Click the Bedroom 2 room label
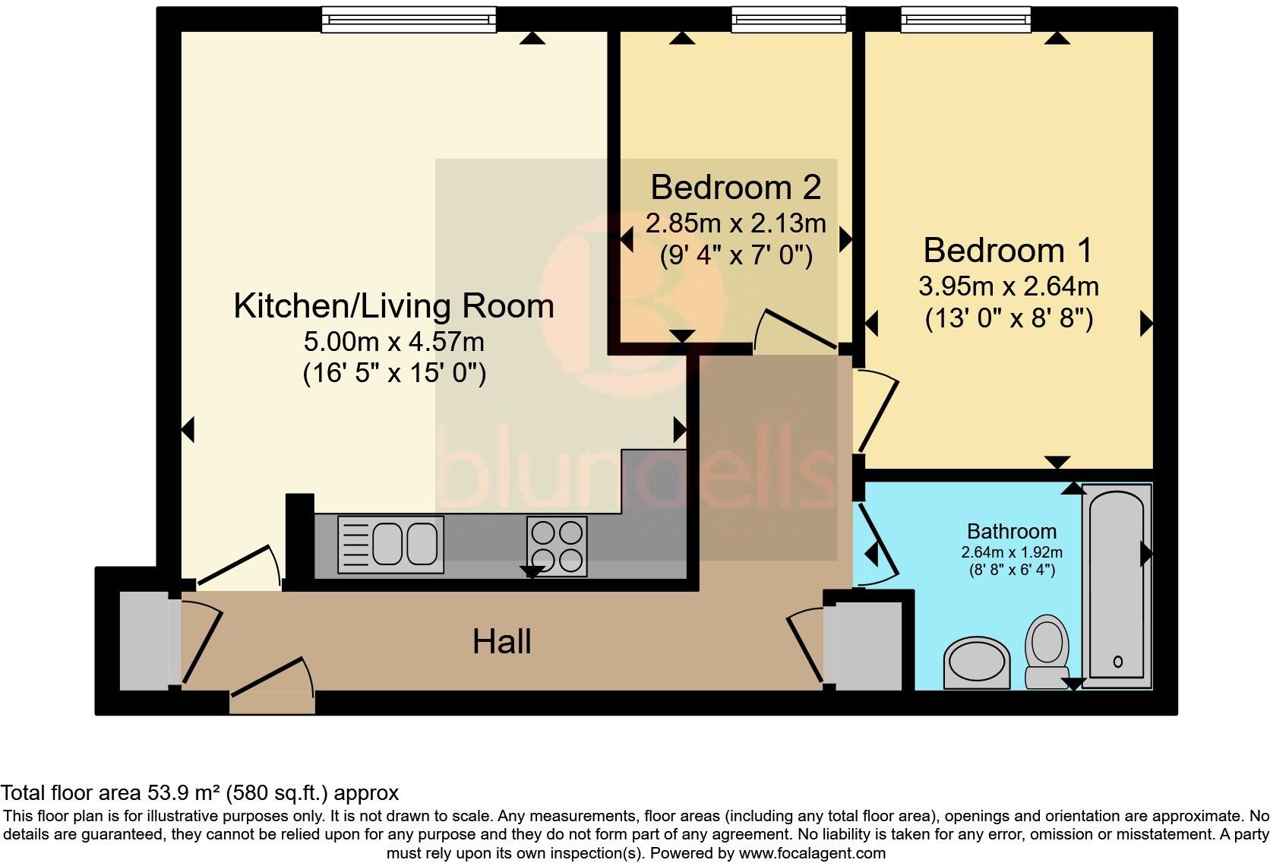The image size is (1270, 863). coord(735,187)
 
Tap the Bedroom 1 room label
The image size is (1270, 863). coord(1008,250)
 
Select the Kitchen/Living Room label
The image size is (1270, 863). coord(393,306)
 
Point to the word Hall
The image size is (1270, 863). coord(501,642)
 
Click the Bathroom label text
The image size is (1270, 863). coord(1011,531)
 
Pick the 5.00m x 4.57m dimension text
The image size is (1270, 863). coord(393,342)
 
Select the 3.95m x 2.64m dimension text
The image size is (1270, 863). coord(1008,286)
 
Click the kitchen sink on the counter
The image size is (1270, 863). coord(390,544)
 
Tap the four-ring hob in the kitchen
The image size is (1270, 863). coord(557,545)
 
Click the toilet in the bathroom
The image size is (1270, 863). coord(1047,650)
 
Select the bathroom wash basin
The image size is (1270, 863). coord(978,663)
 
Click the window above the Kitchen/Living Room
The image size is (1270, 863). coord(409,20)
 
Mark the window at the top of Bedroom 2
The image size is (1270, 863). coord(788,20)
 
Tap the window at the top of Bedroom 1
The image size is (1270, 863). coord(965,20)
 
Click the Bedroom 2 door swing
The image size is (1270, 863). coord(798,330)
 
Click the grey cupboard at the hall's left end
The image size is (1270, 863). coord(144,641)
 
